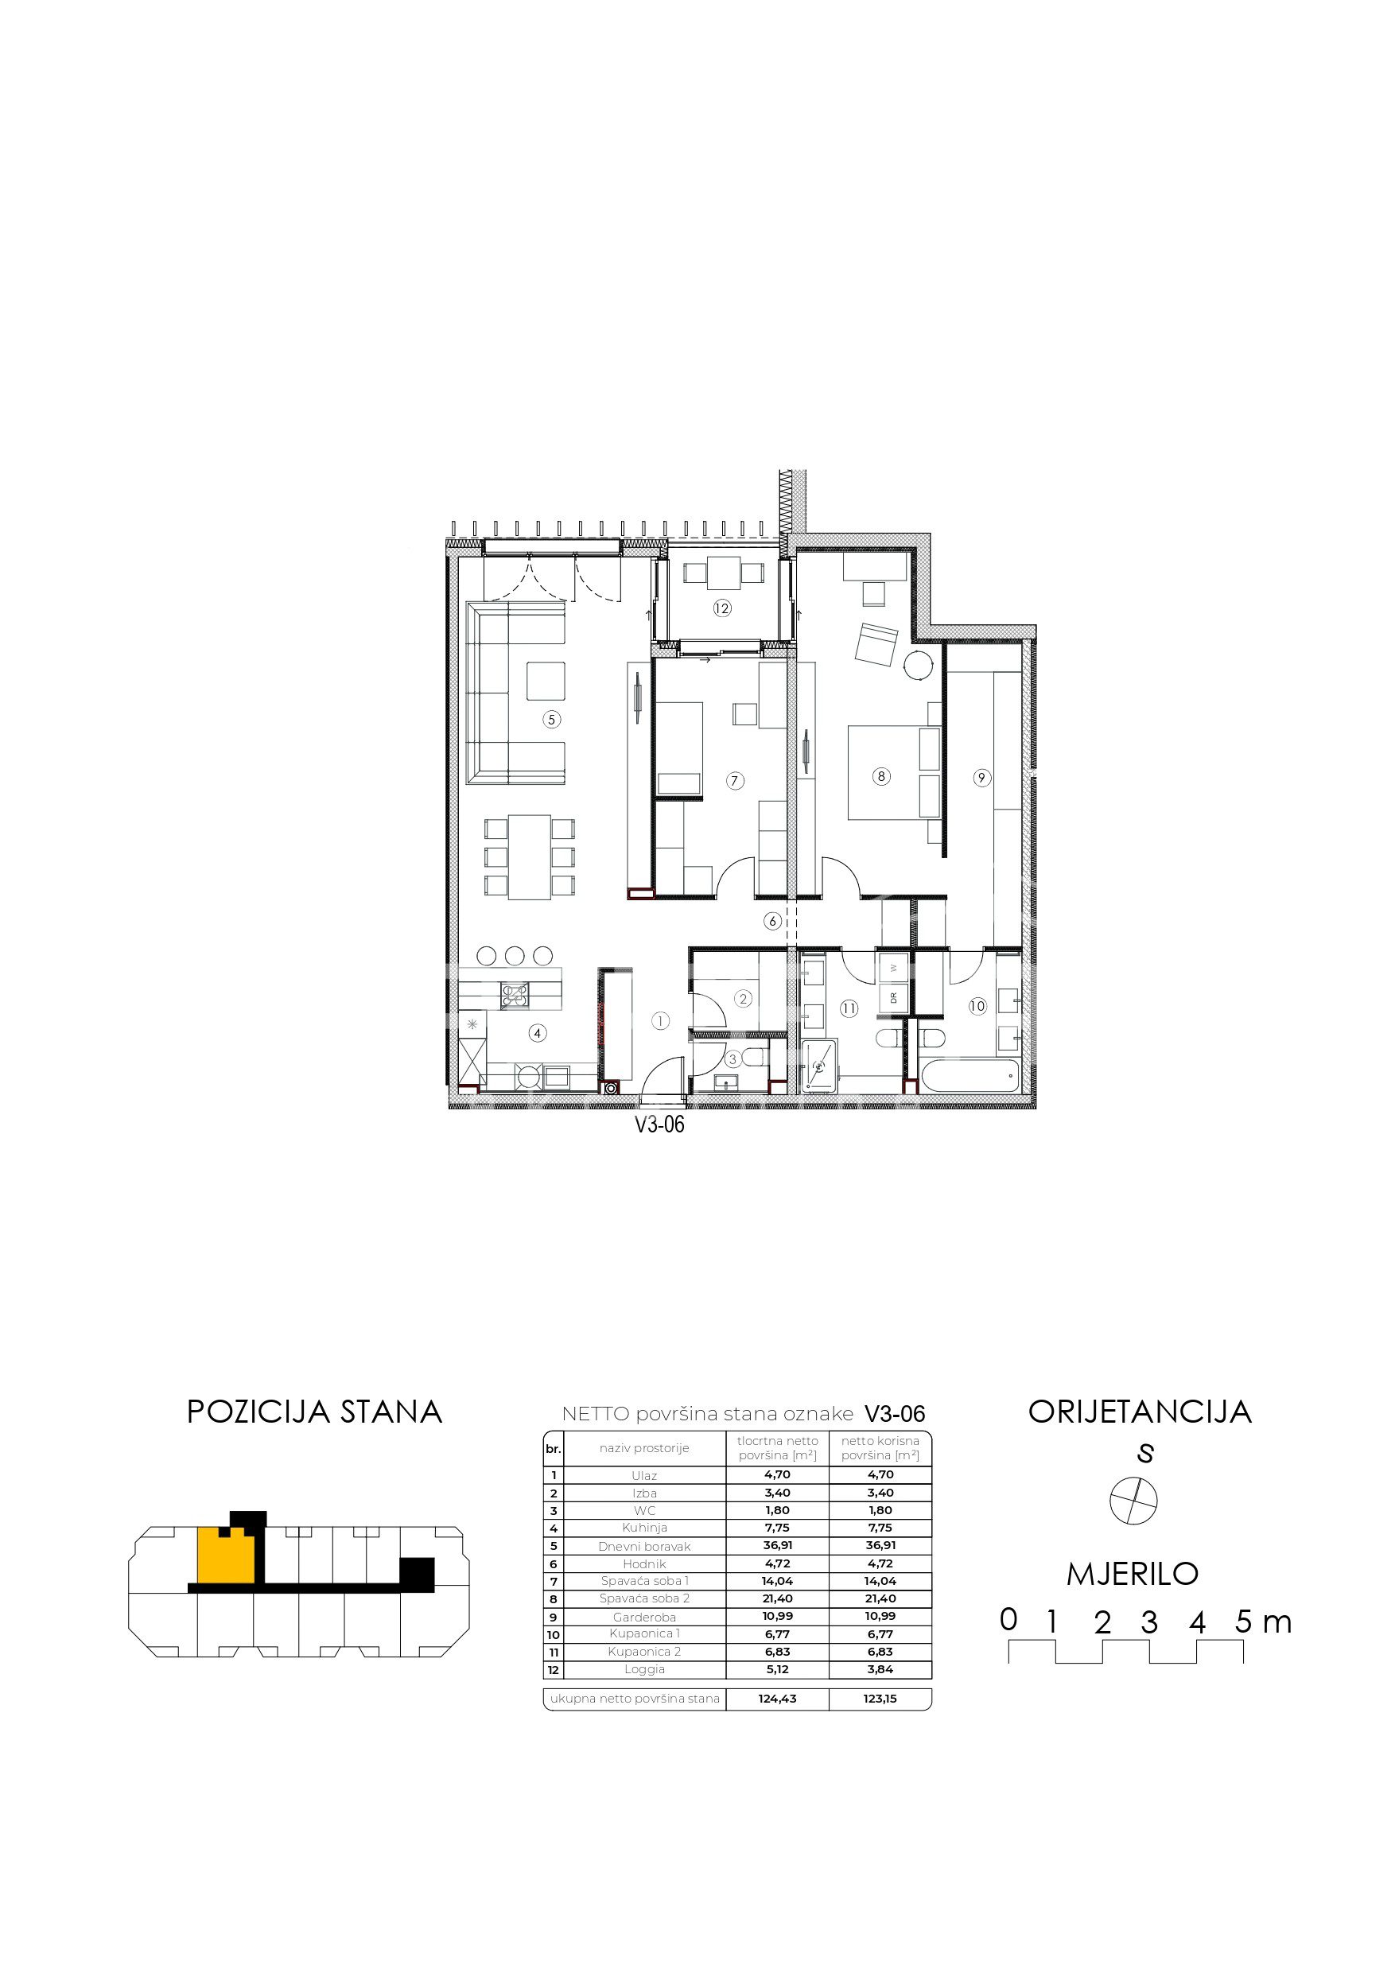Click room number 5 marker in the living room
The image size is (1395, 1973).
point(552,719)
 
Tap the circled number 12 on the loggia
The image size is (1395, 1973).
point(721,608)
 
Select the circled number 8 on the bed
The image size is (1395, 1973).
point(880,776)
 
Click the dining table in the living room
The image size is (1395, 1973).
point(529,856)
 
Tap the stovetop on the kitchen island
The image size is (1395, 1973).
point(515,994)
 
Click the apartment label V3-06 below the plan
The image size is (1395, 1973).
point(659,1124)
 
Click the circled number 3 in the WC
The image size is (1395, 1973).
point(733,1059)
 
